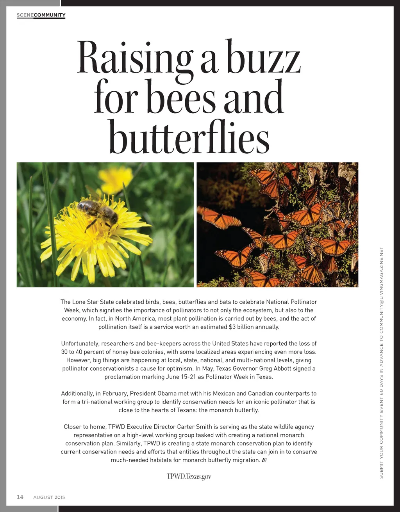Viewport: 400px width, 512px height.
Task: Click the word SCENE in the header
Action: (x=25, y=15)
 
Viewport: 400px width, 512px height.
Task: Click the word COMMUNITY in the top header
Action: (x=50, y=15)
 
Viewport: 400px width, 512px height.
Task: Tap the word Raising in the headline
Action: (x=134, y=58)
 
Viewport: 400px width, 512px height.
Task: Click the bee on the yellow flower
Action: (x=98, y=213)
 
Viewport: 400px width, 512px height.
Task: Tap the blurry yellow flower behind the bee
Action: (x=115, y=180)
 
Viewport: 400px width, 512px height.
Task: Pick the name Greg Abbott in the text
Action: (x=280, y=368)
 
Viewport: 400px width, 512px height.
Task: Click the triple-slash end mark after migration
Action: (x=264, y=460)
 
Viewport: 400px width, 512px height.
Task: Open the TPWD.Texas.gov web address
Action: (x=189, y=476)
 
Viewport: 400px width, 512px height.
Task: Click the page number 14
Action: (x=20, y=497)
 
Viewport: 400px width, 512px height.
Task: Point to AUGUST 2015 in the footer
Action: (x=49, y=497)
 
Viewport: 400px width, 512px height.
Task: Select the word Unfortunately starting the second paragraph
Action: (x=80, y=344)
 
